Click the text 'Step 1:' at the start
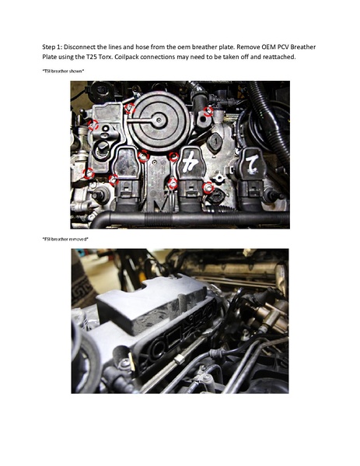tap(53, 47)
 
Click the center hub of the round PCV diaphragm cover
tap(158, 120)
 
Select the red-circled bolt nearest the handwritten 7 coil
tap(208, 188)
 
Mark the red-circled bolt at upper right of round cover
tap(208, 111)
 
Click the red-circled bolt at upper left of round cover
tap(130, 108)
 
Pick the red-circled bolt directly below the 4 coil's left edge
tap(172, 184)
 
